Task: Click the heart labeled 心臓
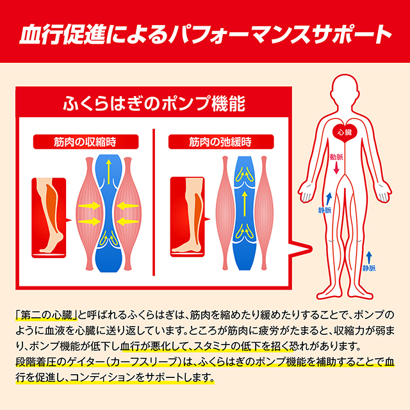pyautogui.click(x=345, y=131)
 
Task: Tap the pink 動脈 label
pyautogui.click(x=336, y=157)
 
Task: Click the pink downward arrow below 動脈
pyautogui.click(x=336, y=168)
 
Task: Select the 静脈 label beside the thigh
pyautogui.click(x=325, y=210)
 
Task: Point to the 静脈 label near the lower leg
pyautogui.click(x=369, y=268)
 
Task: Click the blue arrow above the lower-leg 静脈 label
pyautogui.click(x=369, y=258)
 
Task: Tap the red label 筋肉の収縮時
pyautogui.click(x=86, y=142)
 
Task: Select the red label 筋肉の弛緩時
pyautogui.click(x=221, y=142)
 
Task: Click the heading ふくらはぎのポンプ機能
pyautogui.click(x=154, y=104)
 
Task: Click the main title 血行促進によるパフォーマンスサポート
pyautogui.click(x=205, y=34)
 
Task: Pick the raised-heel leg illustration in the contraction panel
pyautogui.click(x=49, y=218)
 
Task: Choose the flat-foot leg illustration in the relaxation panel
pyautogui.click(x=188, y=217)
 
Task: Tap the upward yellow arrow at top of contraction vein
pyautogui.click(x=108, y=172)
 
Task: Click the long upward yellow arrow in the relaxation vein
pyautogui.click(x=245, y=204)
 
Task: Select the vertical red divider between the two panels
pyautogui.click(x=154, y=202)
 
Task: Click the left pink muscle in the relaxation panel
pyautogui.click(x=225, y=213)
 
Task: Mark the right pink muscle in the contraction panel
pyautogui.click(x=128, y=213)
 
